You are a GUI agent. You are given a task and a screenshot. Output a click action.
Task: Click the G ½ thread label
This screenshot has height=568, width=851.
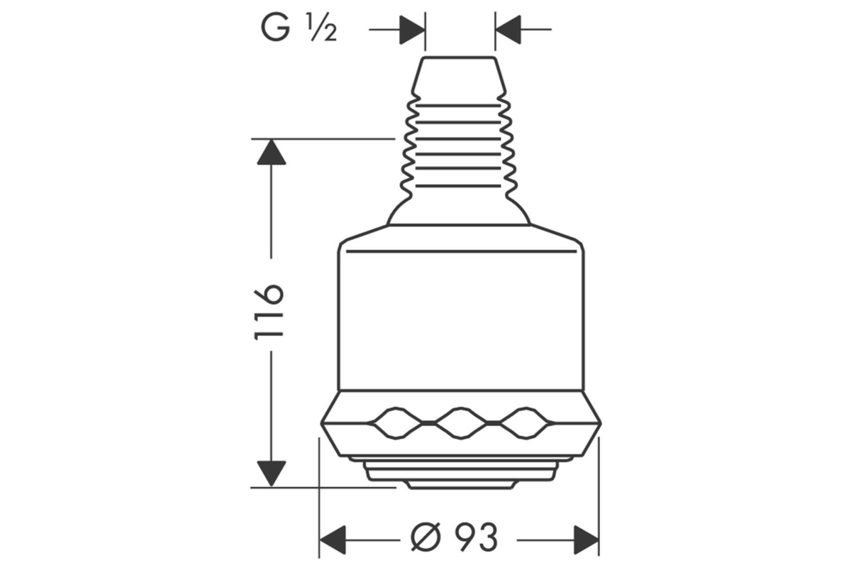(299, 28)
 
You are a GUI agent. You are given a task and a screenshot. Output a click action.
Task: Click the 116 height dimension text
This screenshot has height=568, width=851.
(269, 312)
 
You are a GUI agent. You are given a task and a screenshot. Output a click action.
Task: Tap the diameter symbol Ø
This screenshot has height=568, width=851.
(426, 537)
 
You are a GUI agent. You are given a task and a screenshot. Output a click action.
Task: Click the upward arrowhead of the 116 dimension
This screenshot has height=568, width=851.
(271, 152)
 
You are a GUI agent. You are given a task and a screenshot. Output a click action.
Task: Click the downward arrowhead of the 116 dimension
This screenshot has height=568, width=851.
(271, 474)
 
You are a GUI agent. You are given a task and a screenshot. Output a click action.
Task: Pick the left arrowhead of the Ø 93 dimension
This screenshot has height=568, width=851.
(333, 540)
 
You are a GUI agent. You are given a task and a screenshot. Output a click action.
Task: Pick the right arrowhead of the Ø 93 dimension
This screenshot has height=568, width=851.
(586, 540)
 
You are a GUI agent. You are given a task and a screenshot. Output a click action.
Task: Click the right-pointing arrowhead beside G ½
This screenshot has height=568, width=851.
(412, 30)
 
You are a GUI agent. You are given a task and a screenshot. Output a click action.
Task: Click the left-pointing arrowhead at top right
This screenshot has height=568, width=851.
(508, 29)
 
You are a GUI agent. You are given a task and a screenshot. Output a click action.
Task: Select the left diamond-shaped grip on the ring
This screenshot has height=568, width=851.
(396, 423)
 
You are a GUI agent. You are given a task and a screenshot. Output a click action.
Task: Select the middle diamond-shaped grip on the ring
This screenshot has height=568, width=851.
(461, 423)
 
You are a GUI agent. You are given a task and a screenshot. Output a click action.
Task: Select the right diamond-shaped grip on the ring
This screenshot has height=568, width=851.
(525, 423)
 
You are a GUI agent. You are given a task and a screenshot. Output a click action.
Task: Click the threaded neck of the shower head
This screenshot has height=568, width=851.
(458, 146)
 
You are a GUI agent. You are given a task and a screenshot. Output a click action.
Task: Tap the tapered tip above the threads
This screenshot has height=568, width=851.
(459, 75)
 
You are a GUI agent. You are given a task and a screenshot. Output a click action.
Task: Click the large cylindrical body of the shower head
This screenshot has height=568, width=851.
(461, 316)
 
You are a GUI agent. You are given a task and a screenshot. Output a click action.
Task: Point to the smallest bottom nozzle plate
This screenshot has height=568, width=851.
(460, 484)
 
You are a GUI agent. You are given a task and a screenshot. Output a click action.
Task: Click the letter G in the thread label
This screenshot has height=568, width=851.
(275, 28)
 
